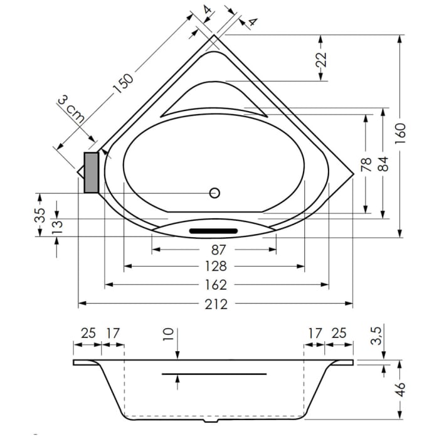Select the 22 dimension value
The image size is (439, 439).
[320, 60]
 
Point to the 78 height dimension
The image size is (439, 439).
[366, 164]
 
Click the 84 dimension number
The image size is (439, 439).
[383, 164]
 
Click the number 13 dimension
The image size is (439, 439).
[56, 225]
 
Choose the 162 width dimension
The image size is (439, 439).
[215, 285]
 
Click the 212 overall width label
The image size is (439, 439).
[215, 304]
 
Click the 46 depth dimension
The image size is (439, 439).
[401, 389]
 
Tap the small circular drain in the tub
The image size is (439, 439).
[214, 193]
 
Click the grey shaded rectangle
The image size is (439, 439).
[91, 172]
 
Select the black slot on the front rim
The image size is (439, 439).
[214, 231]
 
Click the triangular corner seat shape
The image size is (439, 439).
[213, 99]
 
